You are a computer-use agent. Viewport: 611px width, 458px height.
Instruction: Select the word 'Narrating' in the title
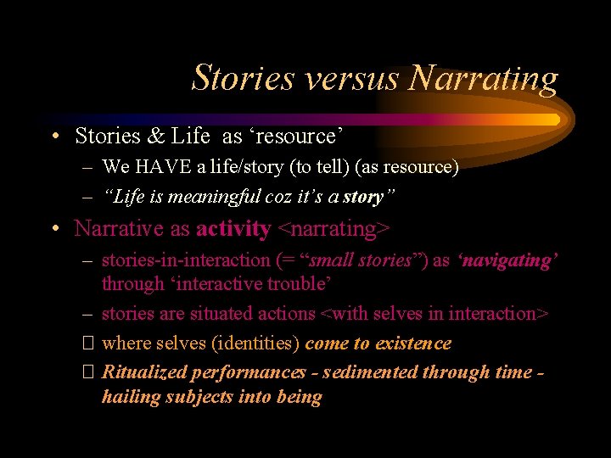(x=483, y=78)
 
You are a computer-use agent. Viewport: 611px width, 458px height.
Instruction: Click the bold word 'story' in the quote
(x=364, y=198)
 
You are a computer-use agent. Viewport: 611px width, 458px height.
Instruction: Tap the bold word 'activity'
(x=233, y=229)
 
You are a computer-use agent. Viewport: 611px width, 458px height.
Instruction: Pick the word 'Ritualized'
(x=143, y=372)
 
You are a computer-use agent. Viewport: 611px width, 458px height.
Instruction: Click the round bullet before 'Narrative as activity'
(x=53, y=229)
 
